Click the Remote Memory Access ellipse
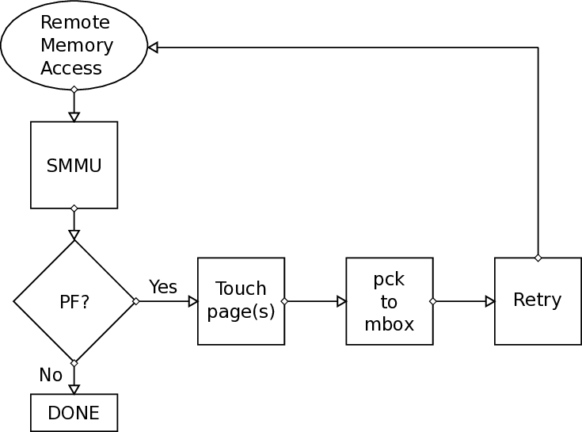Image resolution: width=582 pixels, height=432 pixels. pyautogui.click(x=74, y=45)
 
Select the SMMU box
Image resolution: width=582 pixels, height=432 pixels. pyautogui.click(x=74, y=165)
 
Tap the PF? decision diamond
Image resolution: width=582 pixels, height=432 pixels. pyautogui.click(x=74, y=301)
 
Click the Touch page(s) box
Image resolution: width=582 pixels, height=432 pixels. pyautogui.click(x=241, y=301)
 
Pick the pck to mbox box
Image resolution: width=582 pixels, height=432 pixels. pyautogui.click(x=389, y=301)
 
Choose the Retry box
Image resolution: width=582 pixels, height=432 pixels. pyautogui.click(x=538, y=301)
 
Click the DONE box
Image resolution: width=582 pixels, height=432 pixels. pyautogui.click(x=74, y=413)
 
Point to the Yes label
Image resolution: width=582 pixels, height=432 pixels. pyautogui.click(x=163, y=286)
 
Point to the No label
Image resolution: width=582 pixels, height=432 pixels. pyautogui.click(x=51, y=375)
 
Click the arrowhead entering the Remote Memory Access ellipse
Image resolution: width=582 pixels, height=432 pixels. pyautogui.click(x=153, y=48)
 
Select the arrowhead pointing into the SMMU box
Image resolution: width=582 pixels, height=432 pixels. pyautogui.click(x=74, y=117)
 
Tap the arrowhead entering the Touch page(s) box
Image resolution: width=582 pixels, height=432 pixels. pyautogui.click(x=192, y=301)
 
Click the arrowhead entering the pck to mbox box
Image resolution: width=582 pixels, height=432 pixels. pyautogui.click(x=341, y=301)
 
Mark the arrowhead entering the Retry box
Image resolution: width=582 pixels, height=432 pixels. pyautogui.click(x=490, y=301)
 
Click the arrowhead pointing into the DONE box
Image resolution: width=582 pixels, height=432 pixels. pyautogui.click(x=74, y=389)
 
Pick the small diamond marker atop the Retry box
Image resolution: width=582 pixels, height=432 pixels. pyautogui.click(x=538, y=258)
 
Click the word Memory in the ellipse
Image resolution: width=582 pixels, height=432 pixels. pyautogui.click(x=76, y=45)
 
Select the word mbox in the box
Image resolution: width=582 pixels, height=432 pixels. pyautogui.click(x=389, y=324)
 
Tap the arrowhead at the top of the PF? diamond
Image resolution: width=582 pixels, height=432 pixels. pyautogui.click(x=74, y=235)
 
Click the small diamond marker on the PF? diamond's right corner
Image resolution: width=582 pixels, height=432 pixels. pyautogui.click(x=135, y=301)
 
